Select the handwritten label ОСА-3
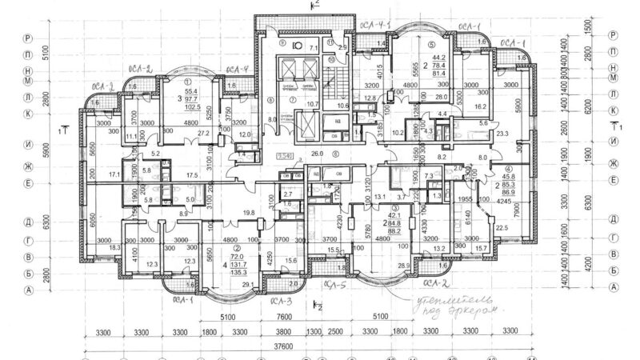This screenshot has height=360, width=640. tap(278, 302)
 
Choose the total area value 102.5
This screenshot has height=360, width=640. tap(189, 106)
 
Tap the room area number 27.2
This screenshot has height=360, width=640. tap(203, 133)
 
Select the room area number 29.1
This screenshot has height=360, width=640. tap(237, 284)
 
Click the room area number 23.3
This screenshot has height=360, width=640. tap(502, 135)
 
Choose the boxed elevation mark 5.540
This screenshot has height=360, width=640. tap(283, 156)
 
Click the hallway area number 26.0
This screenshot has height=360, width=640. tap(317, 152)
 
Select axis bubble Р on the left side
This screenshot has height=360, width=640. tap(28, 37)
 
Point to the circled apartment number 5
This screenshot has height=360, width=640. tap(431, 45)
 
